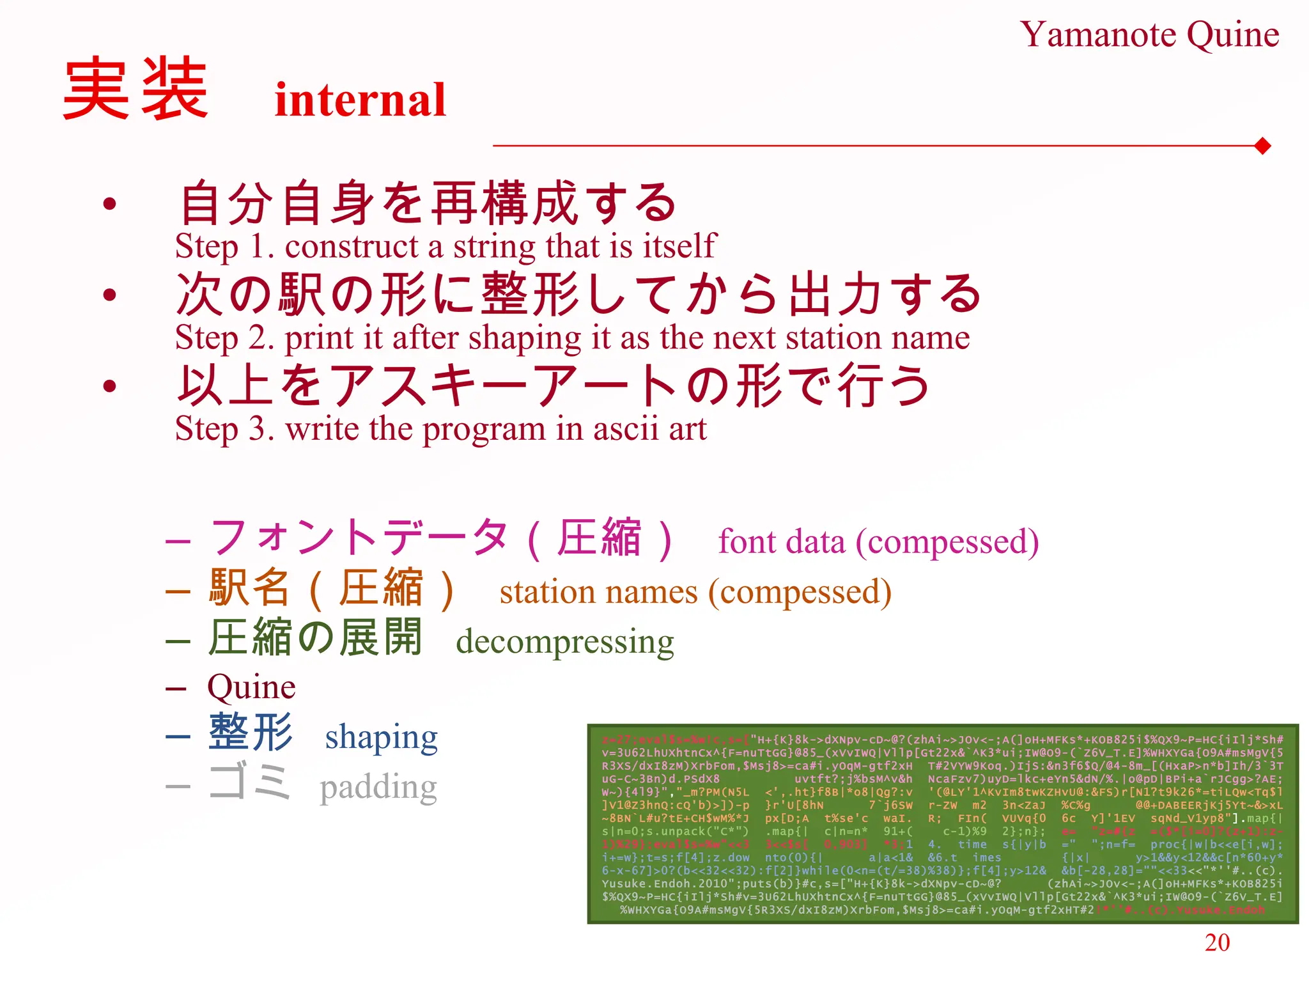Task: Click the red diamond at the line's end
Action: tap(1262, 146)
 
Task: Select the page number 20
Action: tap(1217, 942)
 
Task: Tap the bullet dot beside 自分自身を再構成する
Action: tap(110, 203)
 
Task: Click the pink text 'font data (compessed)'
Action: tap(878, 542)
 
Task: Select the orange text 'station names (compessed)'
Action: tap(695, 592)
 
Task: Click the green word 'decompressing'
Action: tap(565, 642)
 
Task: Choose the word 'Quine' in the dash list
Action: tap(251, 687)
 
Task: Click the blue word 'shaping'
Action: tap(381, 737)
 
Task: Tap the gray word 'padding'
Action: tap(378, 787)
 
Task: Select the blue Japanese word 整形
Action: tap(251, 733)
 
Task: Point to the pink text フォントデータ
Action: tap(358, 537)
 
